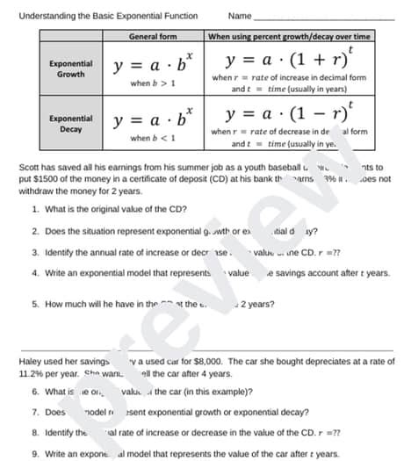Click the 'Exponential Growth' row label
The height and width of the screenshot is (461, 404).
click(70, 68)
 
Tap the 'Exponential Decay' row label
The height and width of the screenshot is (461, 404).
click(70, 122)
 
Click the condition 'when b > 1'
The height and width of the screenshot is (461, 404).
click(152, 83)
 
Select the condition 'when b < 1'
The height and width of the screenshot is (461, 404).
click(152, 138)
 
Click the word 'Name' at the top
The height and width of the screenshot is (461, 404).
click(239, 15)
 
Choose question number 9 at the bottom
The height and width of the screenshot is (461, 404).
click(34, 452)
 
